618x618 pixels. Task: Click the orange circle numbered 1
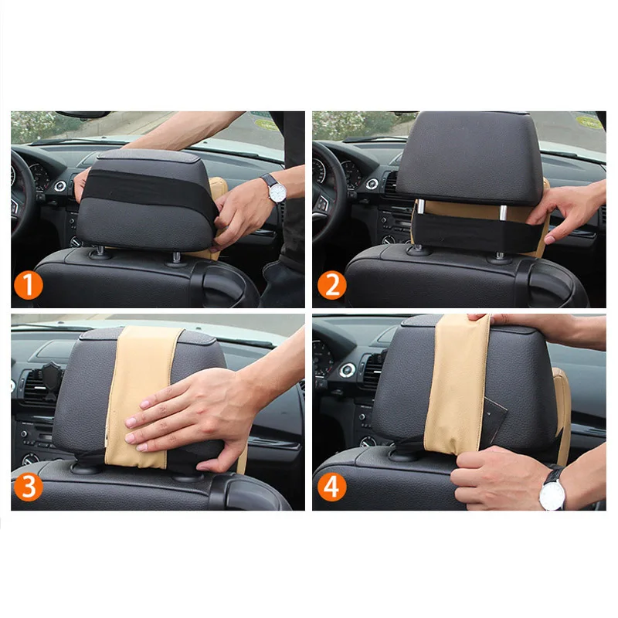[x=29, y=285]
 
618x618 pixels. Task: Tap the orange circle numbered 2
[x=332, y=285]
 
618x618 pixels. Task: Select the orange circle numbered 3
[x=29, y=487]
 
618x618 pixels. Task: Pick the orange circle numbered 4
[x=332, y=487]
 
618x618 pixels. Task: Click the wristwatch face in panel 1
[x=277, y=192]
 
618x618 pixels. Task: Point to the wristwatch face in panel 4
[x=552, y=496]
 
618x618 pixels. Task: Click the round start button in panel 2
[x=372, y=184]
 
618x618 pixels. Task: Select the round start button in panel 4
[x=347, y=371]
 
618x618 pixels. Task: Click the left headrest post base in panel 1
[x=100, y=253]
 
